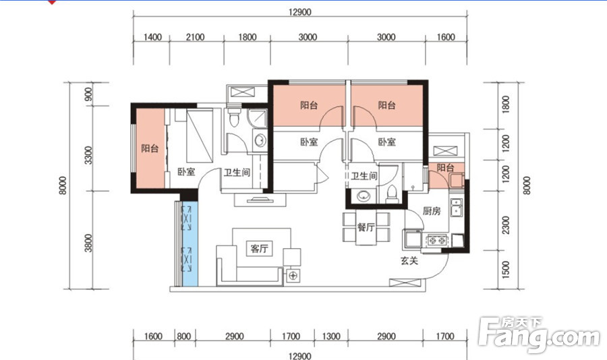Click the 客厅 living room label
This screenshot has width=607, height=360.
259,248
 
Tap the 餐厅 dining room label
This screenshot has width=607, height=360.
366,227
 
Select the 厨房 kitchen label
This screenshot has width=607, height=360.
432,211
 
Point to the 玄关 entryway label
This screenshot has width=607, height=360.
409,261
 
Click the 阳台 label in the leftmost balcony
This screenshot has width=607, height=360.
150,148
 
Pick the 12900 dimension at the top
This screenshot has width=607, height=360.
300,12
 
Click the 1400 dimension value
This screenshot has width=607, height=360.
152,37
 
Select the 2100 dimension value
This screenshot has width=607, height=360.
195,37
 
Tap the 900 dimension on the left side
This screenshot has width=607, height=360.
88,94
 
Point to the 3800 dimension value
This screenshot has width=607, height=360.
88,243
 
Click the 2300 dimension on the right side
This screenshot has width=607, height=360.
506,225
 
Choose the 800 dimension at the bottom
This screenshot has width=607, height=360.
184,336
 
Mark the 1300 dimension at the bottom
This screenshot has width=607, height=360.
331,336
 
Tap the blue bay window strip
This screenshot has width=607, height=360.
190,243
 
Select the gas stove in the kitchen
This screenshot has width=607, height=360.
437,241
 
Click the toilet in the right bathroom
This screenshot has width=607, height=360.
392,194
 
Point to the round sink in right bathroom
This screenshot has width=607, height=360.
363,196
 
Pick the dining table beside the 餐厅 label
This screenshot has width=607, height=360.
366,229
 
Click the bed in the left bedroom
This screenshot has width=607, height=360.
200,136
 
